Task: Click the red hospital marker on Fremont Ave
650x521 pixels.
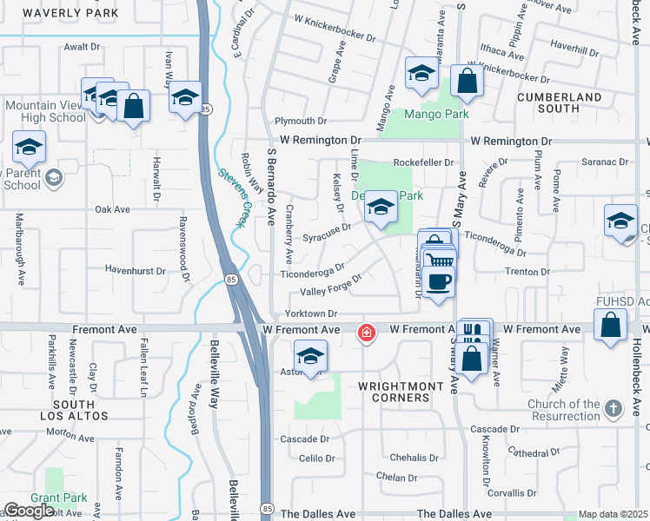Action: click(x=367, y=332)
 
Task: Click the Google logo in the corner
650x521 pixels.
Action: click(x=29, y=511)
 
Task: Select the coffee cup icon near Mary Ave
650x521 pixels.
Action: click(x=441, y=281)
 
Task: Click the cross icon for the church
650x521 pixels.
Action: click(x=614, y=408)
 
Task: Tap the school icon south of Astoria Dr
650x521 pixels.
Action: click(x=310, y=356)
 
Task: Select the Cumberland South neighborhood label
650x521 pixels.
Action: click(x=560, y=102)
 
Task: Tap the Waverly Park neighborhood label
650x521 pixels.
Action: click(x=59, y=13)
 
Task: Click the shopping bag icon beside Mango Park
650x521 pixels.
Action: click(x=468, y=82)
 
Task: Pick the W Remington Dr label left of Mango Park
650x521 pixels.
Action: click(x=320, y=140)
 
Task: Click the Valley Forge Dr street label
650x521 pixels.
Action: click(x=331, y=284)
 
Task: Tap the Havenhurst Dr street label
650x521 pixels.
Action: click(x=136, y=271)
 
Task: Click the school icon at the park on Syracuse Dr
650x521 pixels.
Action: click(x=381, y=208)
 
